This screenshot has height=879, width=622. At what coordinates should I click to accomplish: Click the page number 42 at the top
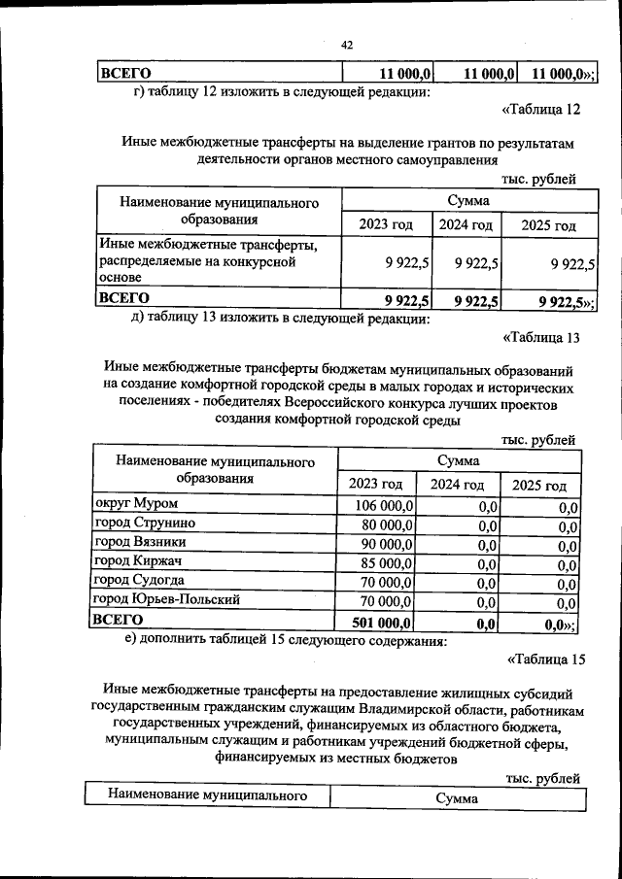pyautogui.click(x=346, y=45)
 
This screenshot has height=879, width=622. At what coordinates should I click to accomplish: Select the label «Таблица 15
pyautogui.click(x=546, y=661)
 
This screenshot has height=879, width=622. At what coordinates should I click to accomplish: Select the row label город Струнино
pyautogui.click(x=135, y=524)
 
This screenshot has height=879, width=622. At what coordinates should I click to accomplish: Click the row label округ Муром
pyautogui.click(x=128, y=504)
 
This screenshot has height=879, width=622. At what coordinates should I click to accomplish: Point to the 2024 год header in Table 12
pyautogui.click(x=466, y=225)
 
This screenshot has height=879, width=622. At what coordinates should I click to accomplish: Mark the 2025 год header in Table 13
pyautogui.click(x=538, y=486)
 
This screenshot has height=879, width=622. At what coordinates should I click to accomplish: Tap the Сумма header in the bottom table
pyautogui.click(x=457, y=797)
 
